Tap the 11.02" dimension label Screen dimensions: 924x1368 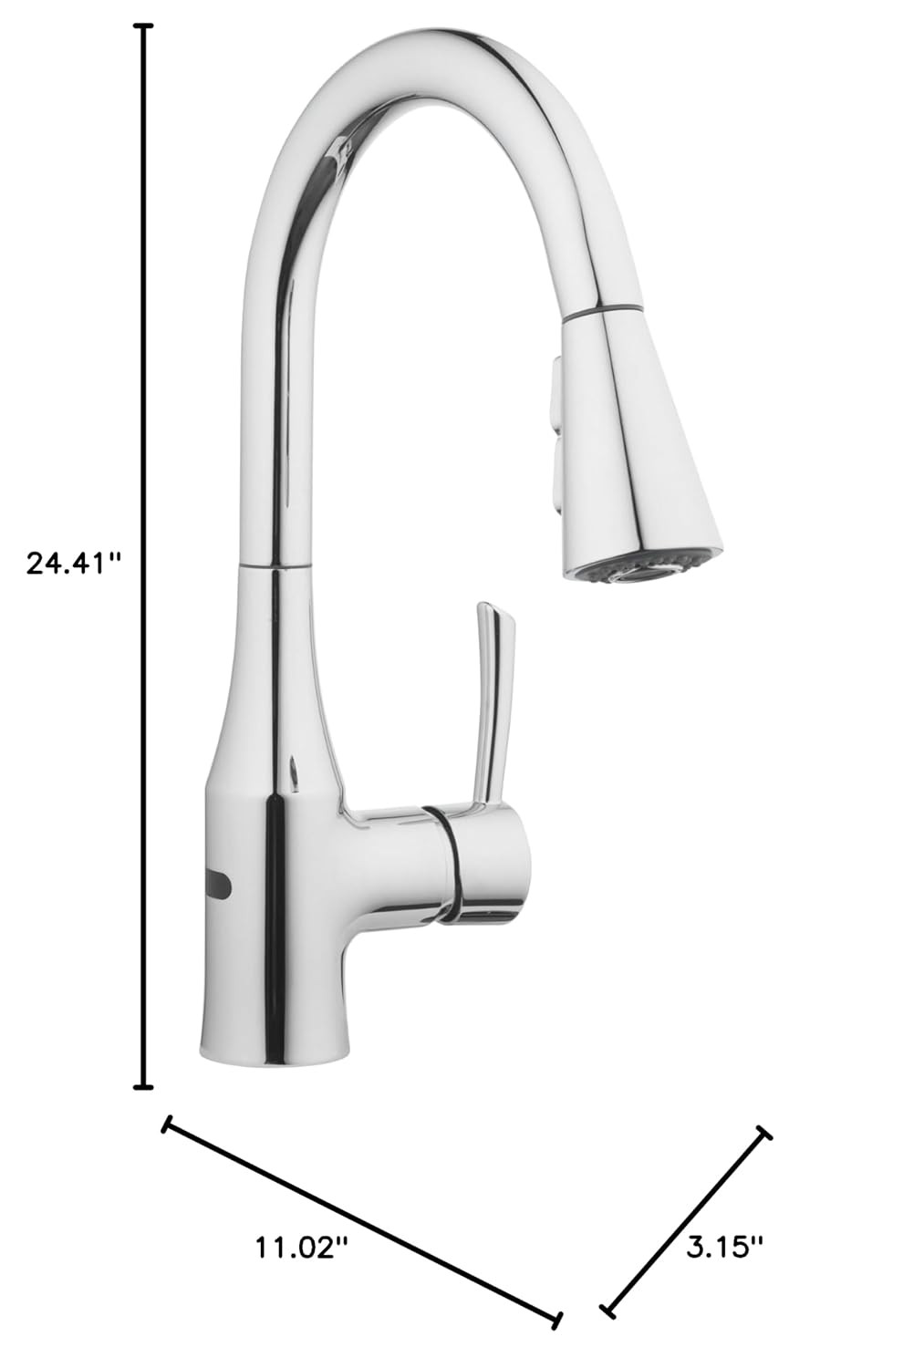(300, 1245)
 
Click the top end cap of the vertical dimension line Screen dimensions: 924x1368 (144, 26)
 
